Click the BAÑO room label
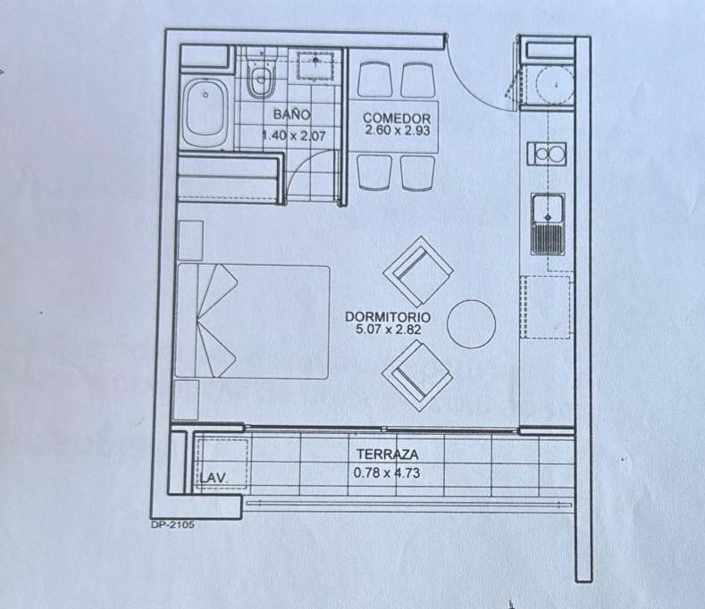292,114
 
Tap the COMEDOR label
397,119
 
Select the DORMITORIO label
388,316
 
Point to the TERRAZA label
387,455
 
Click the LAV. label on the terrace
214,479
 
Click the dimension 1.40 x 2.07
294,135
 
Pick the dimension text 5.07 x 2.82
388,329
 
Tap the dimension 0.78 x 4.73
387,472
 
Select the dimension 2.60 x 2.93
398,130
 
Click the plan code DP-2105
172,524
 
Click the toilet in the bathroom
262,74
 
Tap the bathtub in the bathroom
206,113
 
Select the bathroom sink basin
315,65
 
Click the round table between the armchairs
471,324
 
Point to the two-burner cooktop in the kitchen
547,154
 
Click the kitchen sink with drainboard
548,224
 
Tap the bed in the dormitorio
252,321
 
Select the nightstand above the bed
190,240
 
